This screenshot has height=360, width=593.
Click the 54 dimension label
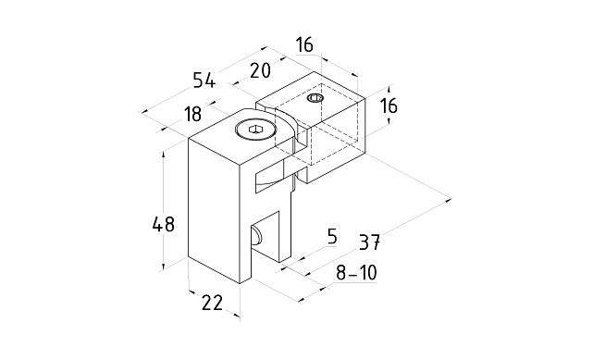204,81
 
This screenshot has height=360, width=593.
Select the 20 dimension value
261,70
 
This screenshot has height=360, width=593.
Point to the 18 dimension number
192,114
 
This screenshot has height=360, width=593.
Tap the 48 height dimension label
164,224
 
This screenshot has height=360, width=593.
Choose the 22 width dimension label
212,303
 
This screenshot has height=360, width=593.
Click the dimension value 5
332,236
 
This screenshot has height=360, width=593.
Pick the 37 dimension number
369,242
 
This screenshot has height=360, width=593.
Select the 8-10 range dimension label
356,273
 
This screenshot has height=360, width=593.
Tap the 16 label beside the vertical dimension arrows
389,106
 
